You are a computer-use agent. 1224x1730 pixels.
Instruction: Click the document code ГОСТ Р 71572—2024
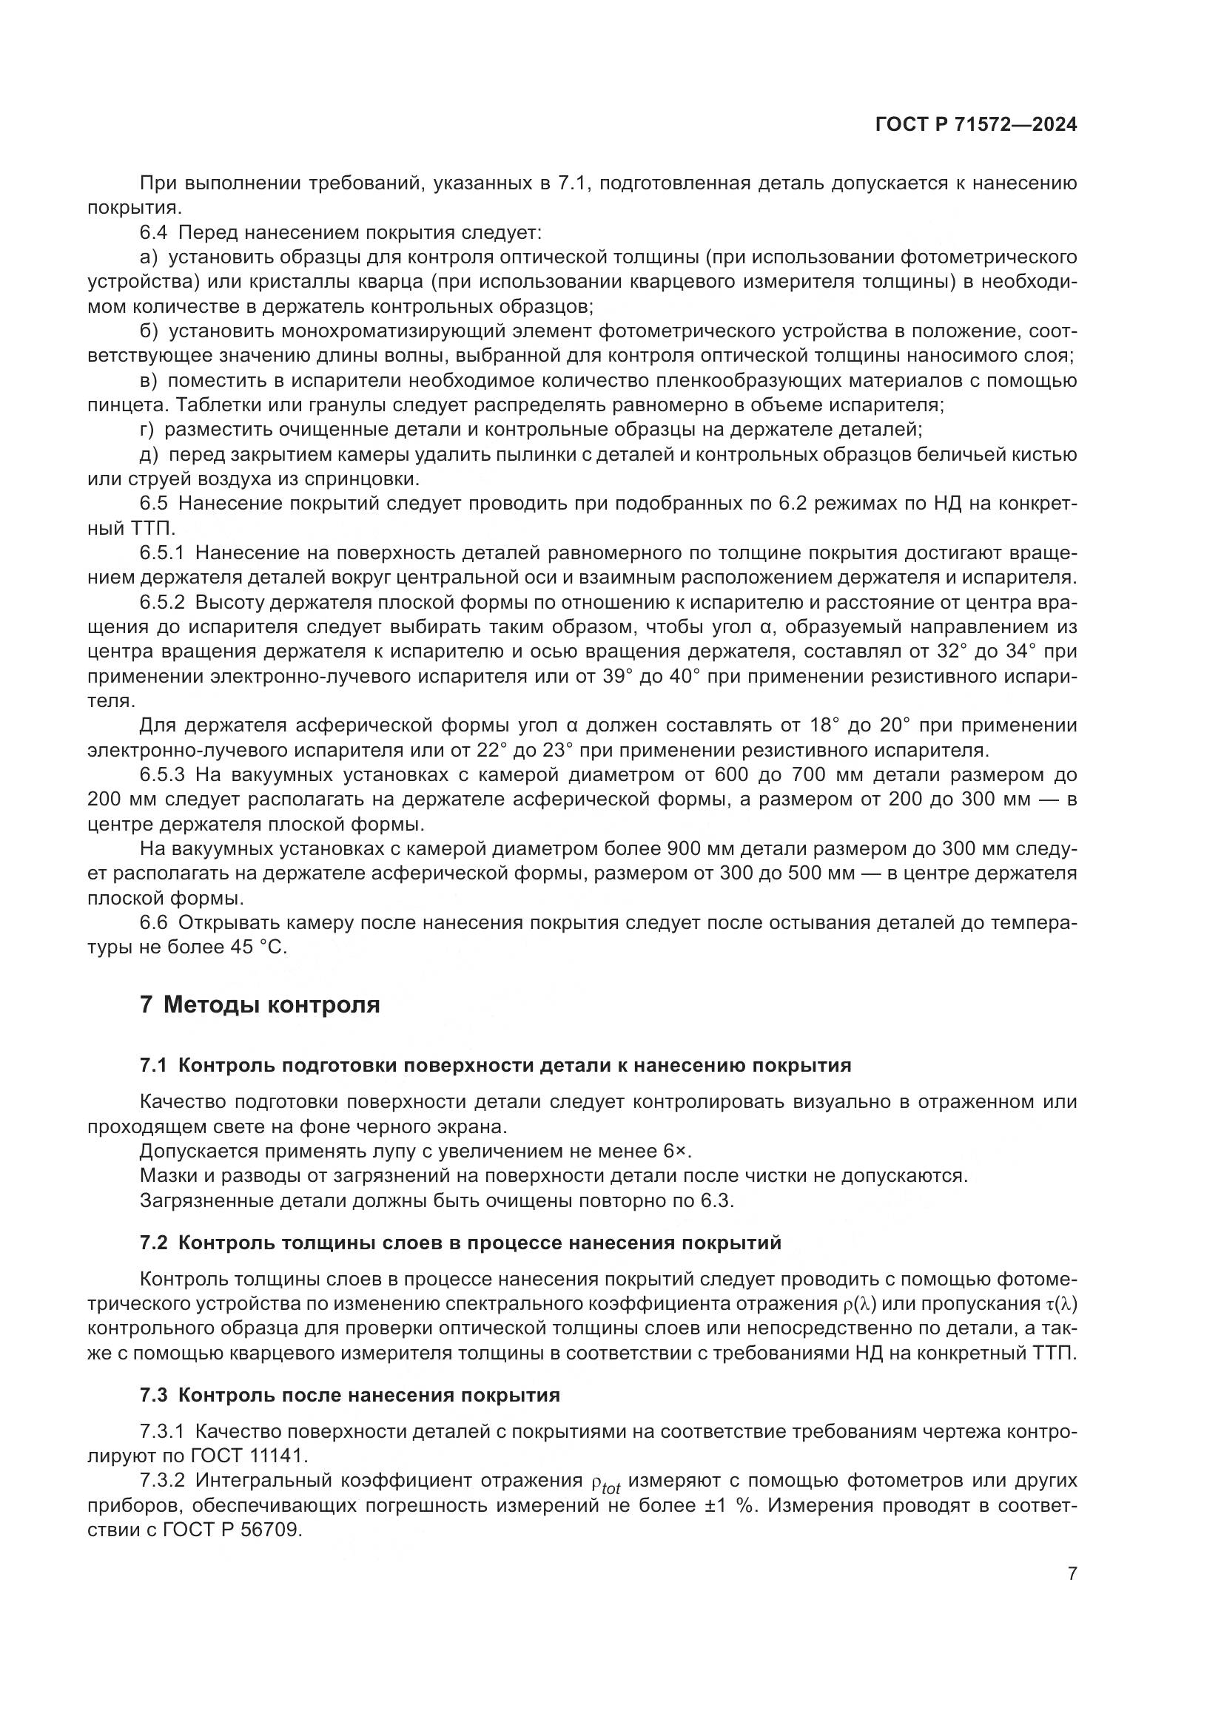975,124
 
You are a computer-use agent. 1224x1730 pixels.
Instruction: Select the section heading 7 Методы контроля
259,1004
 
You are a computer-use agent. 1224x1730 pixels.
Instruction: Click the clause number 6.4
155,233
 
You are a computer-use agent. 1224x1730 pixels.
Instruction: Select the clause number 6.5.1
161,553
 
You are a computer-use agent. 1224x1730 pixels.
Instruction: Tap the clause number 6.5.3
161,774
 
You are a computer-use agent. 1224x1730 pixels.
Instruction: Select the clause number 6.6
155,923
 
